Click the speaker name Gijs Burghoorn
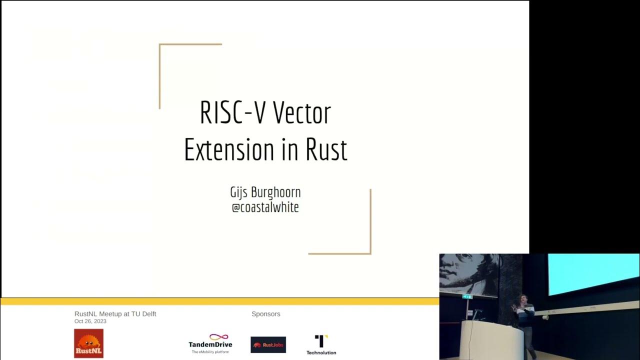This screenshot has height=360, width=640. tap(265, 192)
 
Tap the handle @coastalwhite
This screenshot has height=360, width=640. tap(265, 207)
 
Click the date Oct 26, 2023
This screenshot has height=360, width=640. tap(90, 321)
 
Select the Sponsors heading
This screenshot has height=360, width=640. tap(265, 314)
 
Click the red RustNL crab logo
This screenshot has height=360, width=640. tap(88, 343)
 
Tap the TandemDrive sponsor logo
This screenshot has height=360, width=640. tap(210, 343)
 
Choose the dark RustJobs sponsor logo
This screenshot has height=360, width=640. tap(268, 344)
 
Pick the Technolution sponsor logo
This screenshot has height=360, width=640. tap(321, 344)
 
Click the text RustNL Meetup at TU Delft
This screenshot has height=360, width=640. tap(115, 314)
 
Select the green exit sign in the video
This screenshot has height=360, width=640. tap(467, 296)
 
